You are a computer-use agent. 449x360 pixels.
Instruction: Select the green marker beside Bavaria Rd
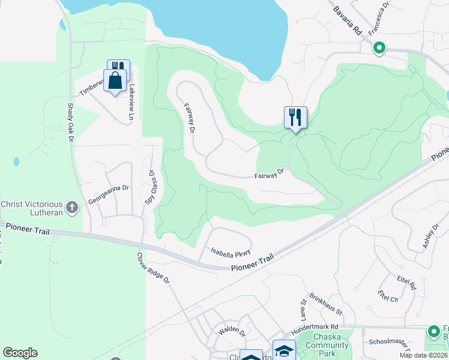(x=379, y=48)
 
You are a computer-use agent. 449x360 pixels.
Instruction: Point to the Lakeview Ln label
(x=133, y=99)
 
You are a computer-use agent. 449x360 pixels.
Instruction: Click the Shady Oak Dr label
(x=70, y=125)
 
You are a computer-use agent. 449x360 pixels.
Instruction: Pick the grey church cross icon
(x=72, y=208)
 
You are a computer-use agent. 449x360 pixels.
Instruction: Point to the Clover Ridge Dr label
(x=154, y=268)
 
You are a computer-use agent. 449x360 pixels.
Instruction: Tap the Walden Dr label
(x=232, y=331)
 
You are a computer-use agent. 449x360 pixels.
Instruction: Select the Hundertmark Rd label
(x=315, y=328)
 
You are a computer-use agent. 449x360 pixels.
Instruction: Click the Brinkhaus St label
(x=326, y=304)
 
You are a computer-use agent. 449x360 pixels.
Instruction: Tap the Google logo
(x=20, y=353)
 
